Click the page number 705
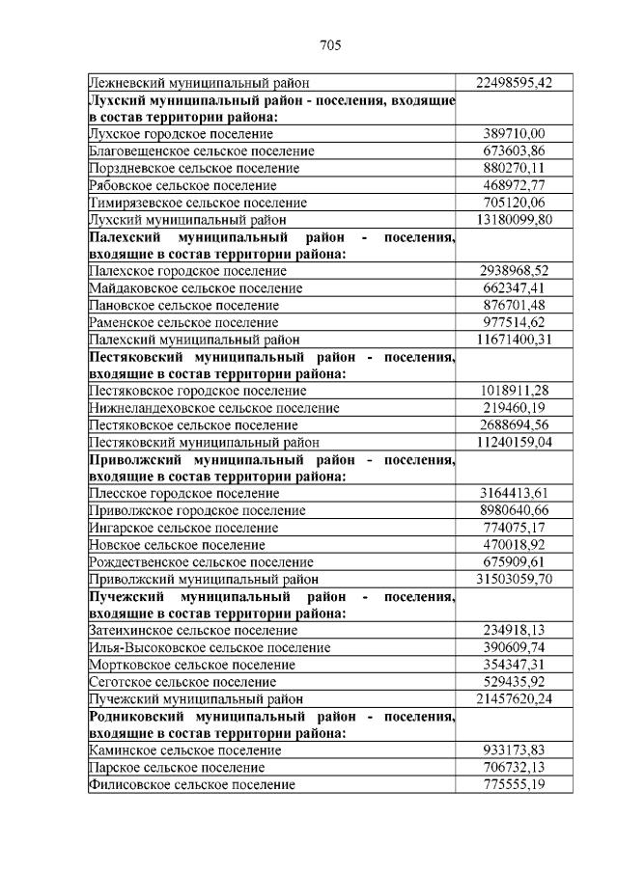click(x=331, y=45)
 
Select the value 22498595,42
click(x=515, y=83)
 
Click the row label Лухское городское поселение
click(x=181, y=134)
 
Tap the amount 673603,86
click(x=515, y=151)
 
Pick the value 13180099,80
click(x=515, y=220)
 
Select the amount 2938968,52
click(x=515, y=271)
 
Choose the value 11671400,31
click(x=515, y=340)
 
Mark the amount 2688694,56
click(x=515, y=425)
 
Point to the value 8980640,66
click(x=515, y=511)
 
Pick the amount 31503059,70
click(x=515, y=580)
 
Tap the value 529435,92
click(x=515, y=682)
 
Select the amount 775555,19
click(x=515, y=785)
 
